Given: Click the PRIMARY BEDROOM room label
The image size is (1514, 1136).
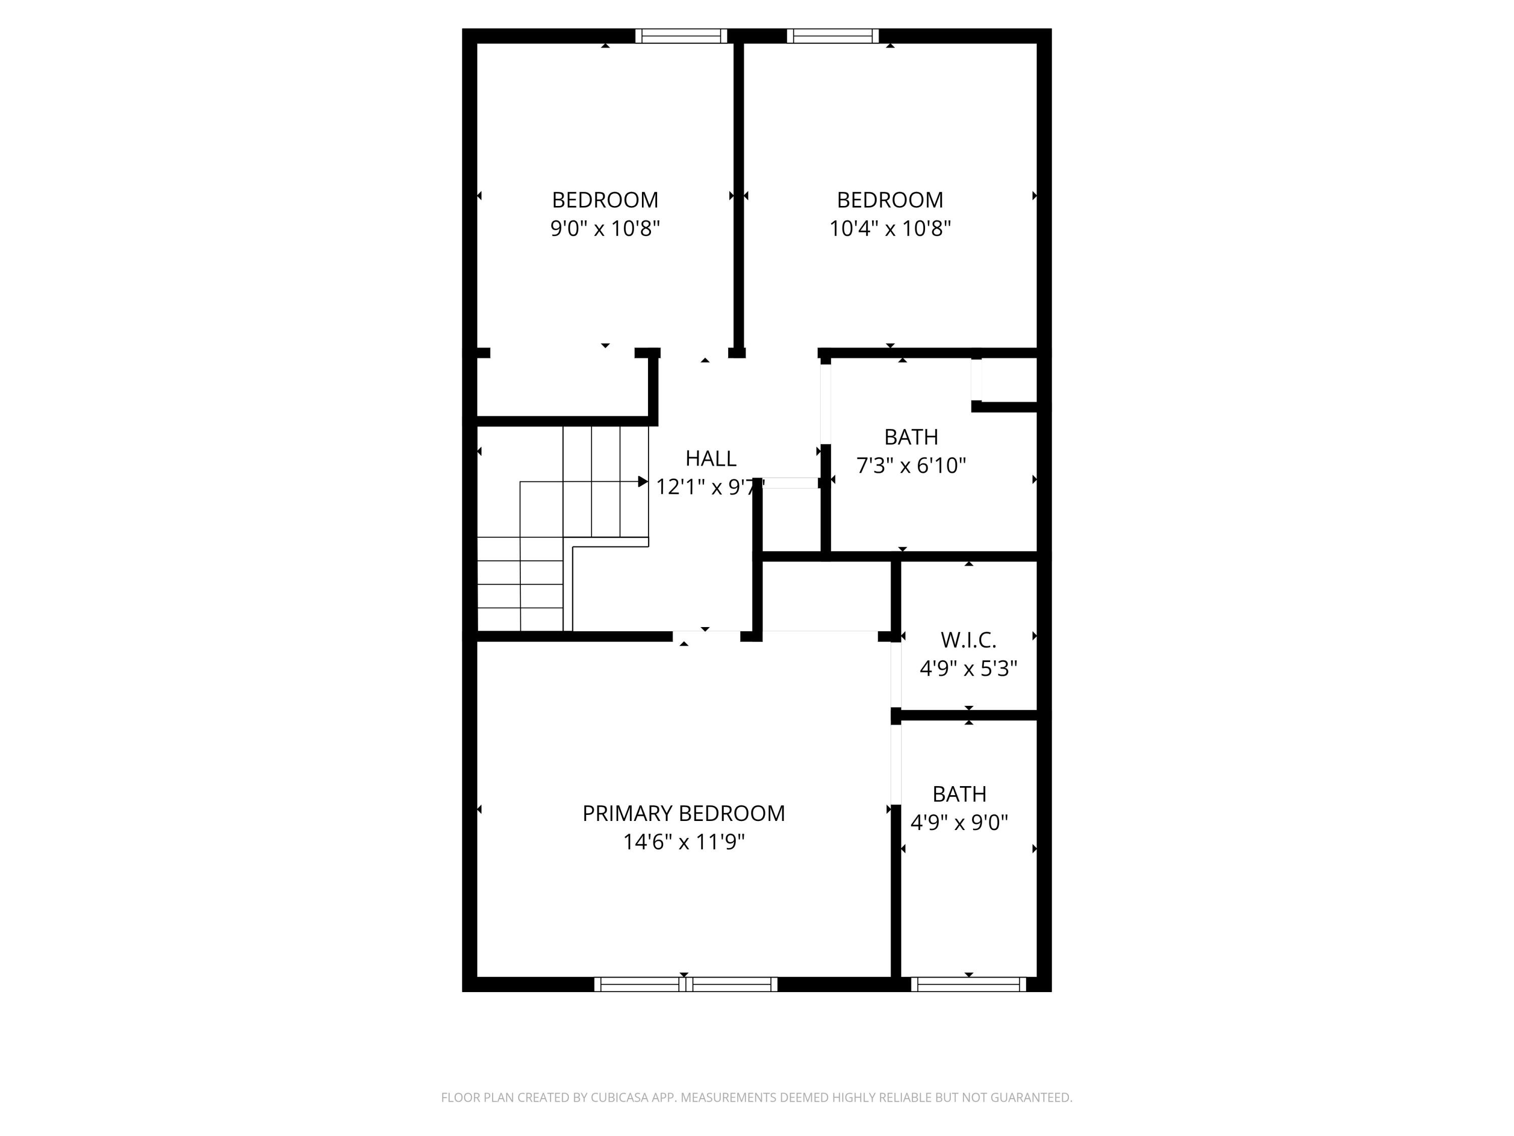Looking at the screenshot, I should (683, 813).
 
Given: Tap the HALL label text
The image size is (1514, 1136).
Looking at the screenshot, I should (711, 458).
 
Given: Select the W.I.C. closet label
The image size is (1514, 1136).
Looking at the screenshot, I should (968, 640).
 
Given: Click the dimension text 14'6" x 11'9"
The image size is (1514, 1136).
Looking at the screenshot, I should (683, 842).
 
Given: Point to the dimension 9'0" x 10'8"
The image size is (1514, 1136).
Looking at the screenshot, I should (605, 228).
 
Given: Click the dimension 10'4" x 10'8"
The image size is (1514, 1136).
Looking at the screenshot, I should (890, 228).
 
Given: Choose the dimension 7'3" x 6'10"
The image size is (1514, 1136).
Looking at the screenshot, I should (911, 466).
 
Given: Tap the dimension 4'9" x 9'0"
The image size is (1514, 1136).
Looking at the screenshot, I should (959, 821).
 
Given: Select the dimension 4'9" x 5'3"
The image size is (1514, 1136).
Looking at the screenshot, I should (968, 668).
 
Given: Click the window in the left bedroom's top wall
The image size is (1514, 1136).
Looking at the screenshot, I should (681, 36).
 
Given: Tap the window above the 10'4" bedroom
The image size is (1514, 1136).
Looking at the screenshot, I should (832, 36).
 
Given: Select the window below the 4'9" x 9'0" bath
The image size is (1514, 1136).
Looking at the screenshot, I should (968, 984).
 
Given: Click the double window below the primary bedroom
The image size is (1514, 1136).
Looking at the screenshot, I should (685, 984).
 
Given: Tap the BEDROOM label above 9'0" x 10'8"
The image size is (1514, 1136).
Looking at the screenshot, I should (605, 200).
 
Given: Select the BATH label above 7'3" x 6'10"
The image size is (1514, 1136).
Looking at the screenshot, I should (911, 437).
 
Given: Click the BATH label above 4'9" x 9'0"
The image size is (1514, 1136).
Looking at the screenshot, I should (959, 794).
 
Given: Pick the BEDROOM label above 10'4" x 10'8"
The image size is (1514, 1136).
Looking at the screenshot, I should (890, 200).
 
